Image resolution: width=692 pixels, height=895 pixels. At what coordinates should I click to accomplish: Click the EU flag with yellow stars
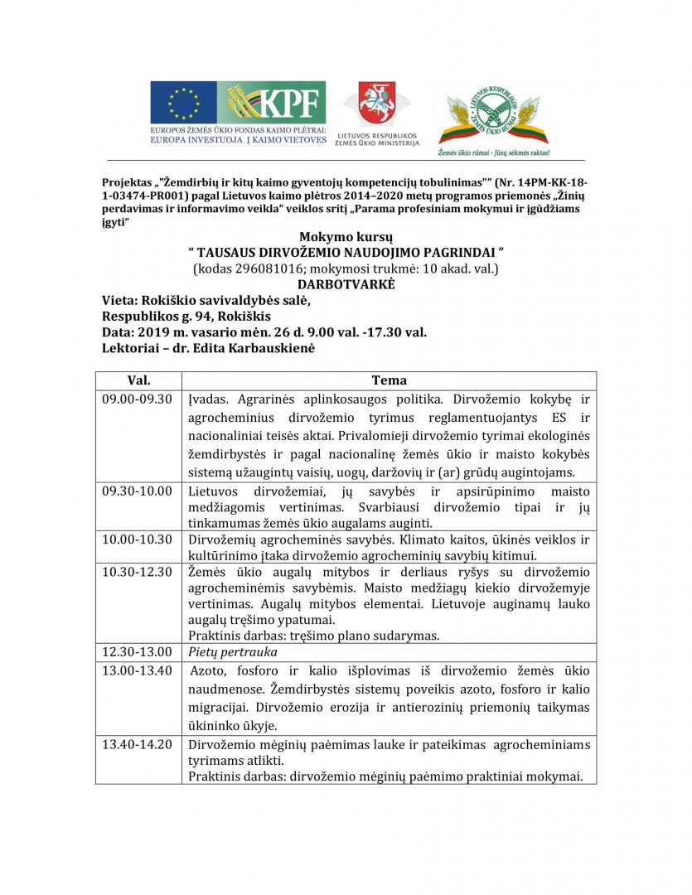[177, 104]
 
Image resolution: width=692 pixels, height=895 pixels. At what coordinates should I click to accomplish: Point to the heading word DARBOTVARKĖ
[346, 283]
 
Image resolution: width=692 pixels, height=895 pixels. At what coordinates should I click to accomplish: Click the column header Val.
[138, 380]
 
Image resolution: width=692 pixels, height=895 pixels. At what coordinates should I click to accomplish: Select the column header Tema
[389, 380]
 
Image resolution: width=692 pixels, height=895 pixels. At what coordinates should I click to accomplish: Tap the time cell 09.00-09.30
[137, 399]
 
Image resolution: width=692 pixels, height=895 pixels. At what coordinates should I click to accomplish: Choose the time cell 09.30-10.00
[137, 491]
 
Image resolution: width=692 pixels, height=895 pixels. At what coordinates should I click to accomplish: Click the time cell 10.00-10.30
[137, 540]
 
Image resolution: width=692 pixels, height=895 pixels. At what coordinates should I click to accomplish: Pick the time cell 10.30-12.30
[137, 572]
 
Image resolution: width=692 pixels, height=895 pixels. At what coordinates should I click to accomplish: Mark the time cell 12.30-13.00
[137, 652]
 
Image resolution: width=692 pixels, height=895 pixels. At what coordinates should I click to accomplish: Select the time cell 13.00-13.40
[137, 670]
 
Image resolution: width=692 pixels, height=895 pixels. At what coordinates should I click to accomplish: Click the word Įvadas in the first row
[207, 399]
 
